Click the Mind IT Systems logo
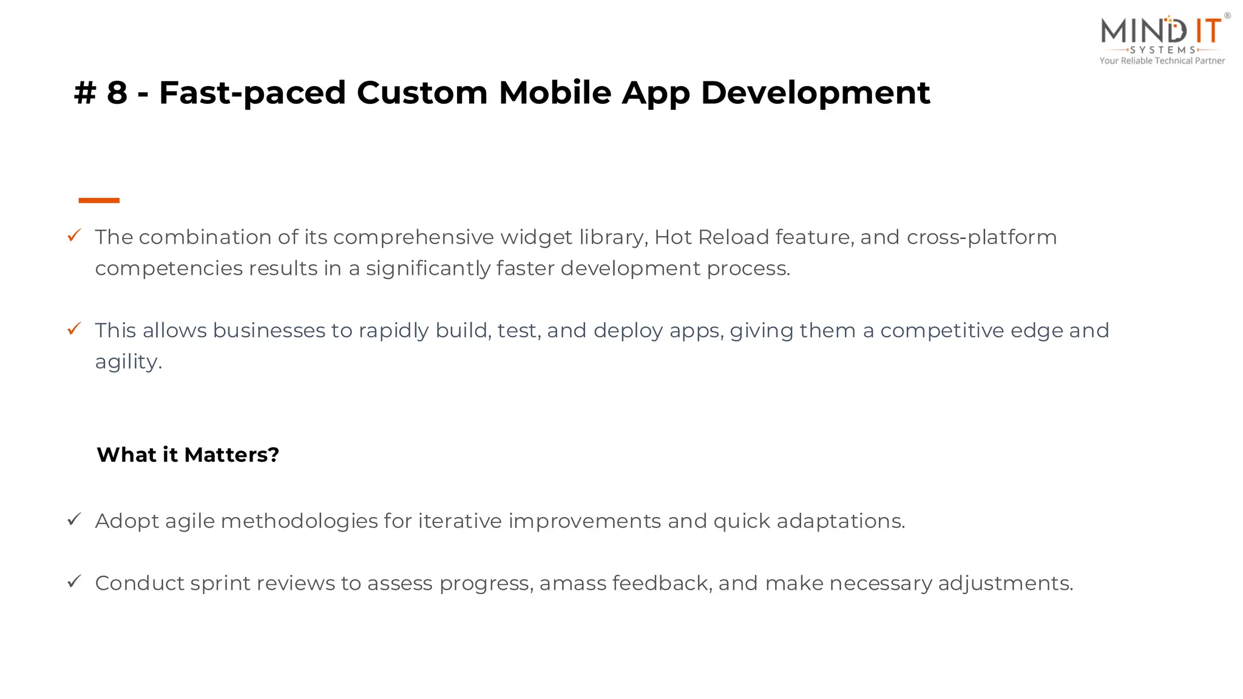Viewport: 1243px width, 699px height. click(1162, 33)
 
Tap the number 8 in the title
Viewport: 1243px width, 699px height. click(117, 93)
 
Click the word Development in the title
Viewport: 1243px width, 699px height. click(815, 93)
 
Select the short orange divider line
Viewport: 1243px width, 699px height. click(99, 200)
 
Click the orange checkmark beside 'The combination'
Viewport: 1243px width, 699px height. click(74, 235)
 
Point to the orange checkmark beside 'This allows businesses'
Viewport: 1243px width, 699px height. click(74, 329)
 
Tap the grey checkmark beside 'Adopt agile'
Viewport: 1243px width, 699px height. click(74, 519)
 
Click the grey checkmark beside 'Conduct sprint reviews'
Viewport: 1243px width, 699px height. click(74, 582)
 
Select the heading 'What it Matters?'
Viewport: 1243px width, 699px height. click(188, 454)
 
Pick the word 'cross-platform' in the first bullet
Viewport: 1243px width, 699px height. click(981, 237)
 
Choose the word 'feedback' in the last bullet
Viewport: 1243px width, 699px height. click(662, 583)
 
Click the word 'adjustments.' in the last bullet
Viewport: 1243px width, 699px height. click(1005, 583)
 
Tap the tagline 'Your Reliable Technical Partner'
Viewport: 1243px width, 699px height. click(1162, 61)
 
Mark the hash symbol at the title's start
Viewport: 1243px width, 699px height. click(85, 93)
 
